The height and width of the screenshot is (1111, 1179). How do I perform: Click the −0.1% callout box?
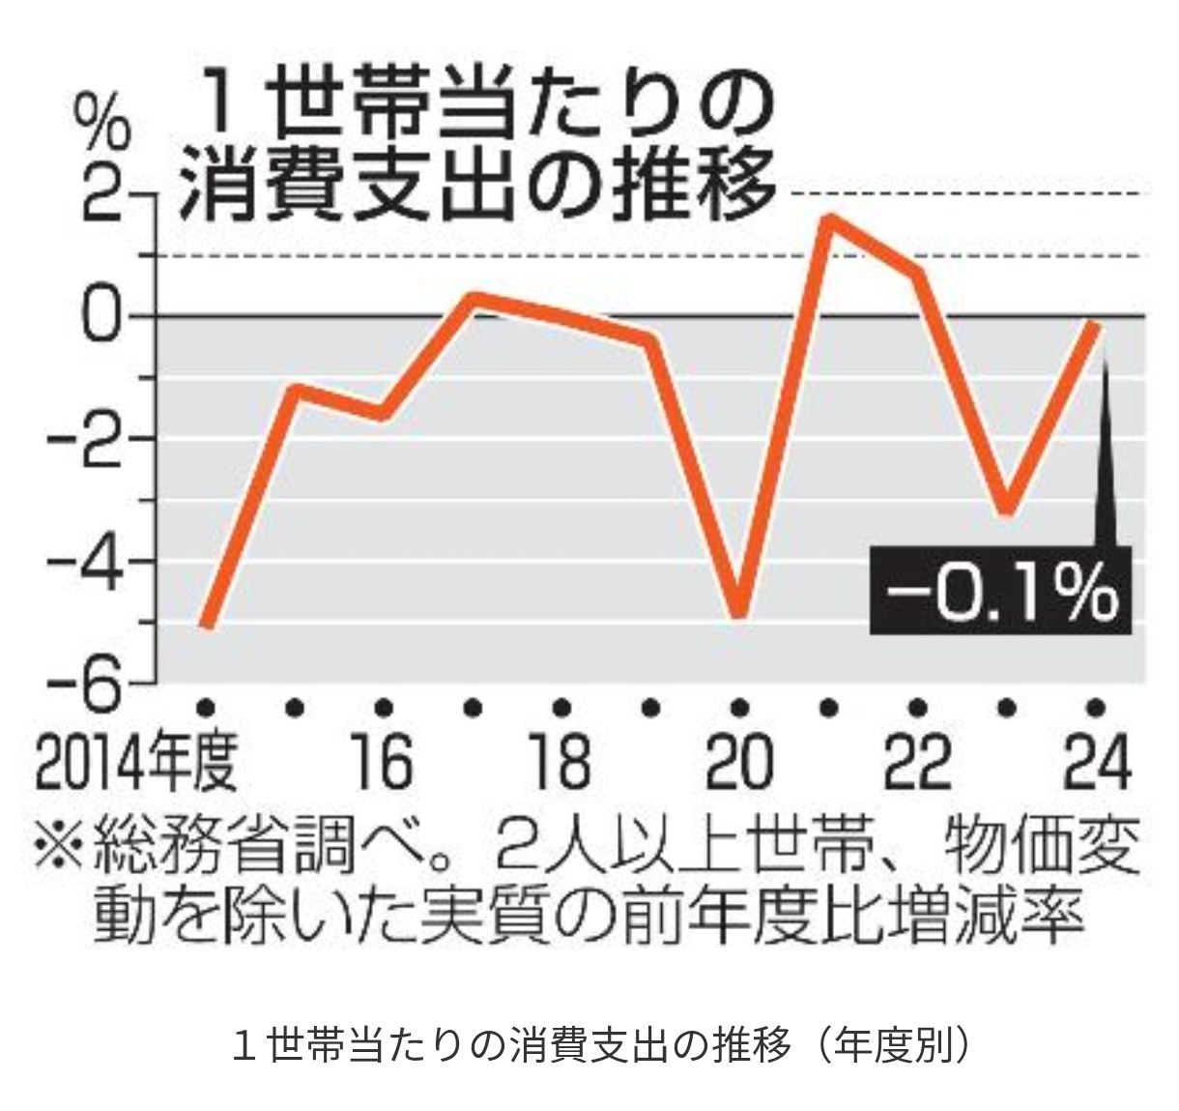(x=1000, y=590)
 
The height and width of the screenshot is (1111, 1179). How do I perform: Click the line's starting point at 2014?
(x=206, y=626)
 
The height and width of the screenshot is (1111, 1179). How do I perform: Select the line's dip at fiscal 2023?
(x=1006, y=511)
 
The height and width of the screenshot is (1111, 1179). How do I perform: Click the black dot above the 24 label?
(x=1095, y=707)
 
